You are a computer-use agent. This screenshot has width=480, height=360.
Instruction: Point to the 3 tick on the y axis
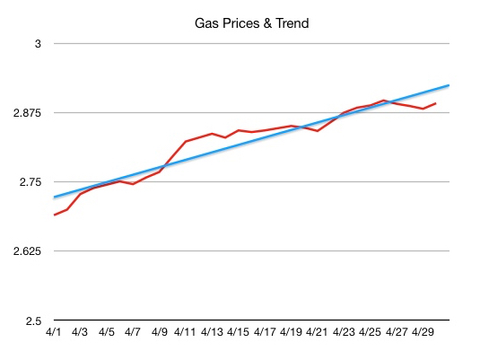[x=39, y=44]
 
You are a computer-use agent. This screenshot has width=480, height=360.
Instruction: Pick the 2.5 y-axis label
[x=34, y=320]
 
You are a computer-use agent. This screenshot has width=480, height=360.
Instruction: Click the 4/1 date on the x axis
[x=54, y=332]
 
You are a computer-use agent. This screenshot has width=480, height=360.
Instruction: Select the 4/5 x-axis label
[x=107, y=332]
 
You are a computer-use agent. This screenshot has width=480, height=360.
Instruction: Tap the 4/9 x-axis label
[x=160, y=332]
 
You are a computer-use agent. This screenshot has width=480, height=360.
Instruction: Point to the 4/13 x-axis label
[x=212, y=332]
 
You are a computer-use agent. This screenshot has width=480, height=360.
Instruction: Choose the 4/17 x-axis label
[x=265, y=332]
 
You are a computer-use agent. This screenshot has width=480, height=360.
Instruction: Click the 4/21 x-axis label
[x=317, y=332]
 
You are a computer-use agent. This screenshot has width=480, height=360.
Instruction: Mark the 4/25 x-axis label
[x=370, y=332]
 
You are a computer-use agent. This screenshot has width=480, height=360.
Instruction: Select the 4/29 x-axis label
[x=422, y=332]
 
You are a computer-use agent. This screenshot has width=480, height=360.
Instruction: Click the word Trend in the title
[x=290, y=23]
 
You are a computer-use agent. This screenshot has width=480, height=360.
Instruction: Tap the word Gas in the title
[x=206, y=23]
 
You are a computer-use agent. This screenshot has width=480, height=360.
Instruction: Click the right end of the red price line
[x=436, y=103]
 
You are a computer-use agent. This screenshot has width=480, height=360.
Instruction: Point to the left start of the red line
[x=55, y=215]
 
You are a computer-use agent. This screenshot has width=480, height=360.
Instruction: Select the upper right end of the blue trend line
[x=448, y=85]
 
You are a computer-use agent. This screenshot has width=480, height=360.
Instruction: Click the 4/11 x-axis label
[x=186, y=332]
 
